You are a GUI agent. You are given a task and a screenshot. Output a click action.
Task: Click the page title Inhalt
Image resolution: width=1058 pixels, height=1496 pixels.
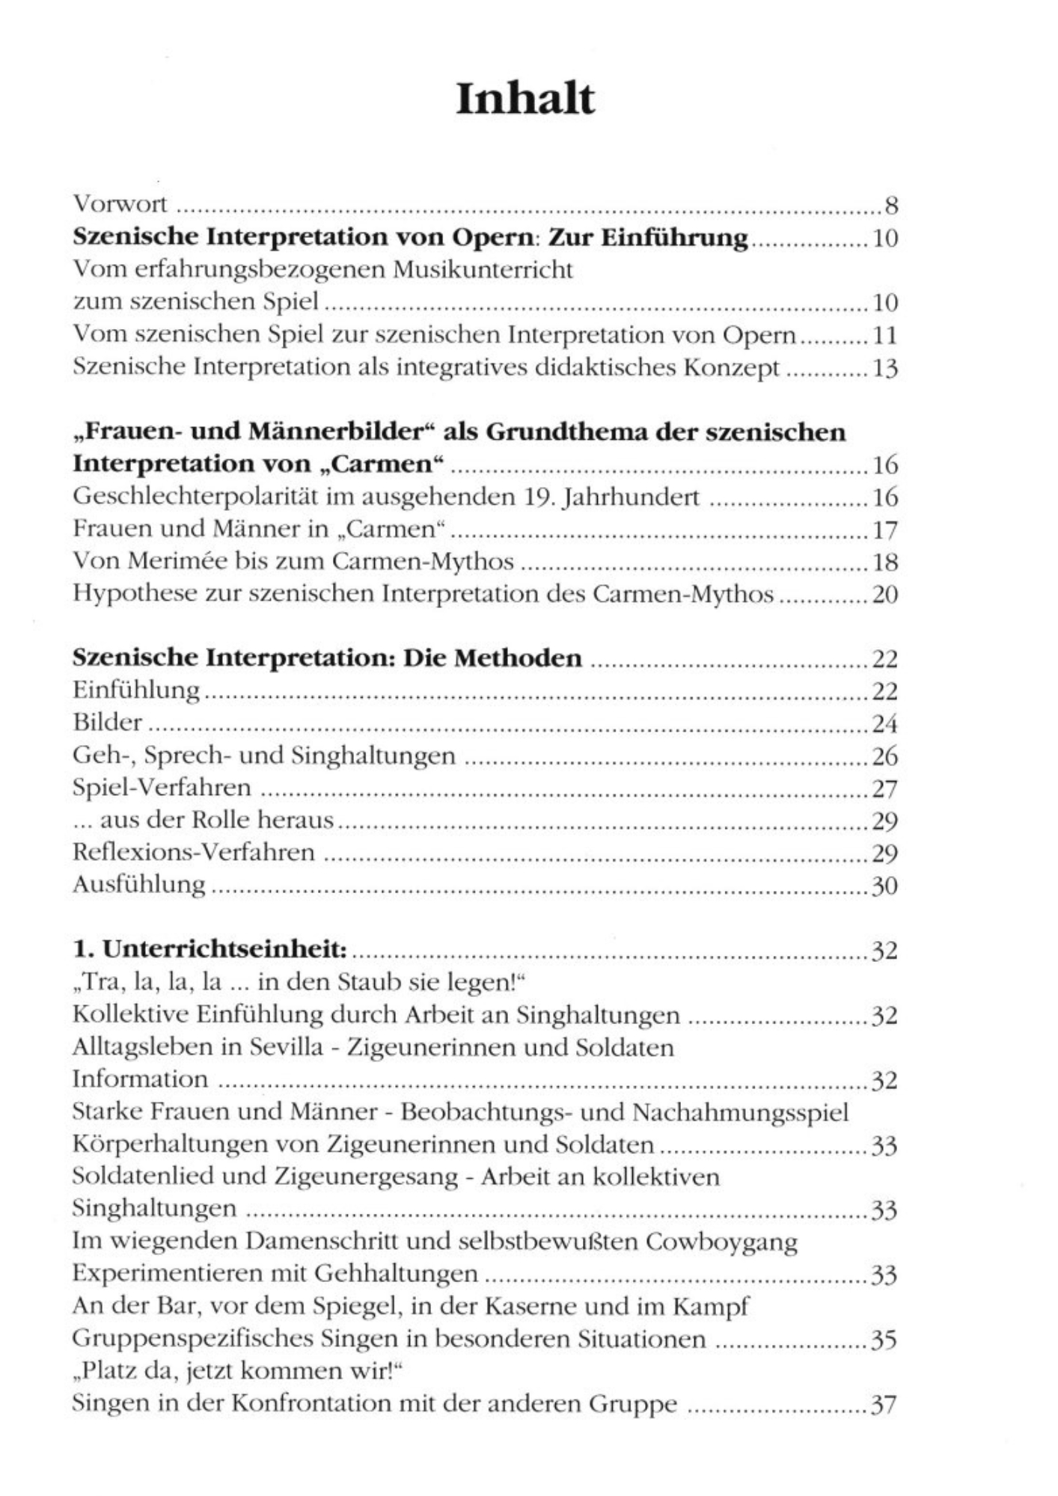(x=525, y=99)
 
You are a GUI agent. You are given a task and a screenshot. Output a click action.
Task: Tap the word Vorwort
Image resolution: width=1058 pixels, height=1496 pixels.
(x=120, y=203)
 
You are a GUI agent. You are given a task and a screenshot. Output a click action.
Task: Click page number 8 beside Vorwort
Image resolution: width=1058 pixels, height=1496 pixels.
(x=890, y=205)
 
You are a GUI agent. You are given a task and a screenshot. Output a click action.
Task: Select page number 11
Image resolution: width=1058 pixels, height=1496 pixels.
(x=885, y=335)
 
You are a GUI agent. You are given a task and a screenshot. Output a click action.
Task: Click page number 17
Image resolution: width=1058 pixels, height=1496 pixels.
(x=885, y=530)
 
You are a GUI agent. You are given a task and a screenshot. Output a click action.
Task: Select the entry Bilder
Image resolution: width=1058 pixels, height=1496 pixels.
(x=108, y=723)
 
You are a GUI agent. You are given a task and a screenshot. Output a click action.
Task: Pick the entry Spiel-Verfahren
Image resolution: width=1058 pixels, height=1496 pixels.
(x=162, y=788)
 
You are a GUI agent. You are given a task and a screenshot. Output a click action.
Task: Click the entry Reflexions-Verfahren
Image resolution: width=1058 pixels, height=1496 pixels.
(x=194, y=852)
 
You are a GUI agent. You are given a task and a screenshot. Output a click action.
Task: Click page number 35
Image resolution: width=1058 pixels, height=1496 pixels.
(x=884, y=1340)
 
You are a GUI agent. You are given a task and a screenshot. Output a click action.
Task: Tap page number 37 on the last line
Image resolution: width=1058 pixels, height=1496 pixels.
(x=884, y=1405)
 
